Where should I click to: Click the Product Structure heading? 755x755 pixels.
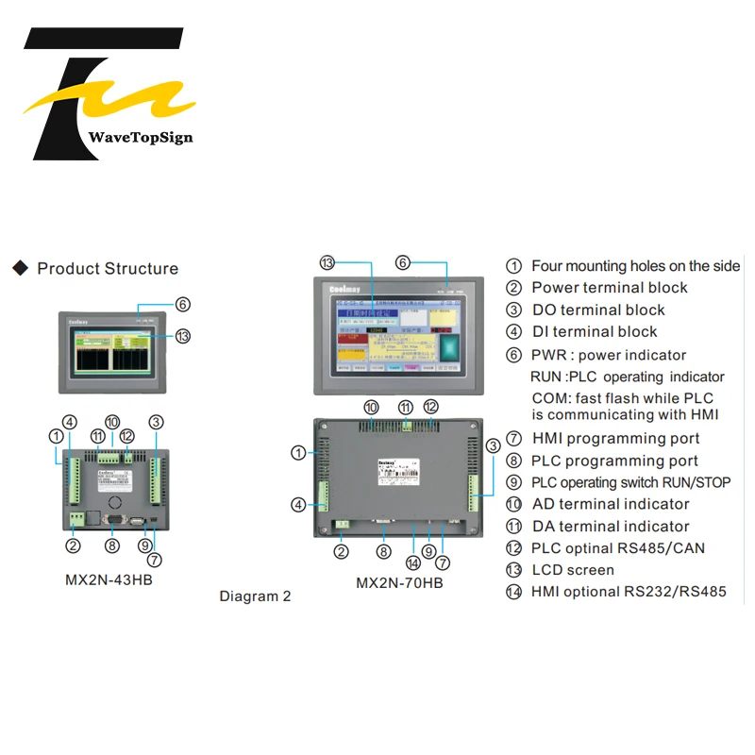[108, 269]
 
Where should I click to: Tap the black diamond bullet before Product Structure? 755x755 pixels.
[20, 269]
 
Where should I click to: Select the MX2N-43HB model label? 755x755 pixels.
[109, 579]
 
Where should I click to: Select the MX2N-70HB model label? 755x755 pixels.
[399, 582]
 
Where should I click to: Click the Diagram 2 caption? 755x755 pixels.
[255, 596]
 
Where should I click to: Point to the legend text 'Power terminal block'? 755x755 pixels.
[610, 288]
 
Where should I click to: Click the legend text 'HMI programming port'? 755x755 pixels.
[615, 438]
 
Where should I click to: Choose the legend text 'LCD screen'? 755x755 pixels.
[573, 570]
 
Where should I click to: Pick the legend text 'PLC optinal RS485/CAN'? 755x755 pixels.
[618, 548]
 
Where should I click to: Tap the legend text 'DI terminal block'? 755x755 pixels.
[595, 331]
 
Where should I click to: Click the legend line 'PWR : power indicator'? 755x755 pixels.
[609, 355]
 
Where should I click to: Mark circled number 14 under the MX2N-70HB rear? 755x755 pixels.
[413, 562]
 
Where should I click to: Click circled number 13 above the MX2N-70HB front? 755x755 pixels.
[327, 262]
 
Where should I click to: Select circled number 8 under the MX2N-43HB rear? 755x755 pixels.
[112, 545]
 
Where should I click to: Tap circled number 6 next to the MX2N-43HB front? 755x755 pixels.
[183, 304]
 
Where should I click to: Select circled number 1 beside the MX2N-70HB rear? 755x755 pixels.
[298, 453]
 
